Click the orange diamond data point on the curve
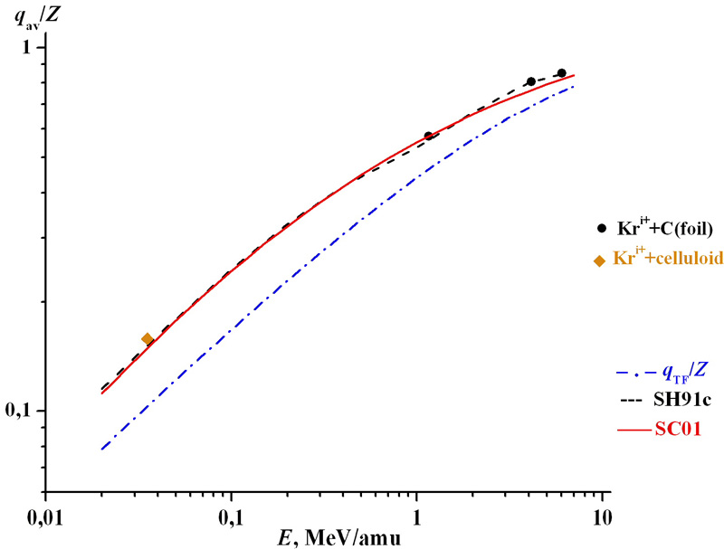pyautogui.click(x=148, y=339)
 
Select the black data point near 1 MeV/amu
pyautogui.click(x=429, y=136)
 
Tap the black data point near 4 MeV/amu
pyautogui.click(x=531, y=81)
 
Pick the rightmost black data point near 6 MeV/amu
pyautogui.click(x=562, y=73)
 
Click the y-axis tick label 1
pyautogui.click(x=28, y=47)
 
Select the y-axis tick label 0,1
pyautogui.click(x=23, y=412)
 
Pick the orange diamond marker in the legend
pyautogui.click(x=599, y=260)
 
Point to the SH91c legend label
pyautogui.click(x=677, y=401)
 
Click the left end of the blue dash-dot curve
pyautogui.click(x=101, y=449)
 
